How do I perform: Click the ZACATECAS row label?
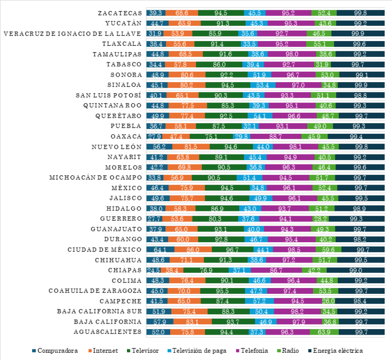pyautogui.click(x=120, y=13)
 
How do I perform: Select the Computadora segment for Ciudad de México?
pyautogui.click(x=159, y=249)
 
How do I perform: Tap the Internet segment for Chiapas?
pyautogui.click(x=172, y=270)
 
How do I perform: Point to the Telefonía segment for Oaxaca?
pyautogui.click(x=276, y=136)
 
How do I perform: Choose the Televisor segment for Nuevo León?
pyautogui.click(x=231, y=147)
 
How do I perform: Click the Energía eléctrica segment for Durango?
pyautogui.click(x=361, y=239)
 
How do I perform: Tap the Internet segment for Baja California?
pyautogui.click(x=193, y=321)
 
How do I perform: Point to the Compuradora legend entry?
pyautogui.click(x=55, y=351)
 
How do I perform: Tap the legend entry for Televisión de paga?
pyautogui.click(x=201, y=351)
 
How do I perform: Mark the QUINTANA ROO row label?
pyautogui.click(x=113, y=105)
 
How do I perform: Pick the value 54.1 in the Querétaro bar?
pyautogui.click(x=260, y=116)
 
